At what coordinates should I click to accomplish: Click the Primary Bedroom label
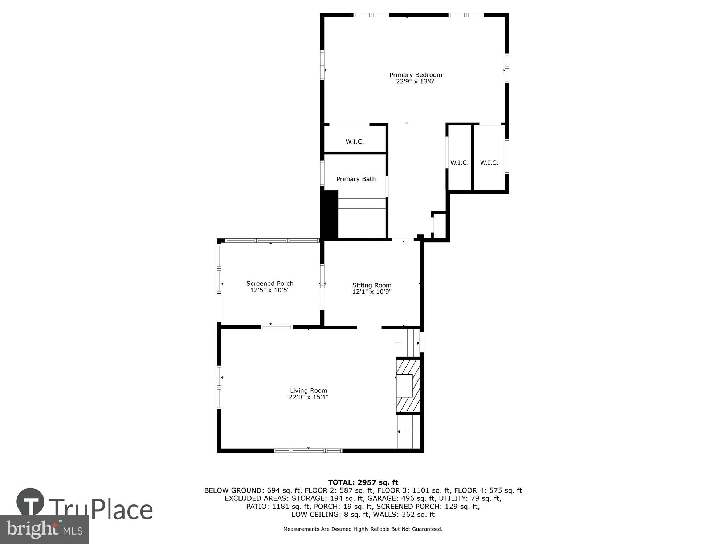[x=416, y=75]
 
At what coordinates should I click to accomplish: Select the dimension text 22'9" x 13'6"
[x=416, y=82]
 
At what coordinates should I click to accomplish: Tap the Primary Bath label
[x=356, y=179]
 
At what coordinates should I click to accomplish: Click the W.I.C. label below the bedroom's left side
[x=355, y=141]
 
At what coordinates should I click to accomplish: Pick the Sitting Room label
[x=372, y=285]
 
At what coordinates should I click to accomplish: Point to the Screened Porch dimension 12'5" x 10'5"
[x=270, y=290]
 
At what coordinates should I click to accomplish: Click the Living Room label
[x=308, y=391]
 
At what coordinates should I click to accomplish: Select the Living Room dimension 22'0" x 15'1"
[x=308, y=397]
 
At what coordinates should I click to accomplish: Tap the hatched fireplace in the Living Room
[x=408, y=386]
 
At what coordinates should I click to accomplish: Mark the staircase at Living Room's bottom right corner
[x=409, y=432]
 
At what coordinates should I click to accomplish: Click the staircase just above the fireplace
[x=407, y=342]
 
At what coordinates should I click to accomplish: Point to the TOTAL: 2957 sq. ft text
[x=363, y=482]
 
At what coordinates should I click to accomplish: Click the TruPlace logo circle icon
[x=30, y=502]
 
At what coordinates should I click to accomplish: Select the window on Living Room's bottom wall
[x=308, y=450]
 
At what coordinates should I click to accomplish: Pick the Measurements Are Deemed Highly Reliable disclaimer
[x=363, y=529]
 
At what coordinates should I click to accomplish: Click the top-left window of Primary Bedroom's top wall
[x=371, y=15]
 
